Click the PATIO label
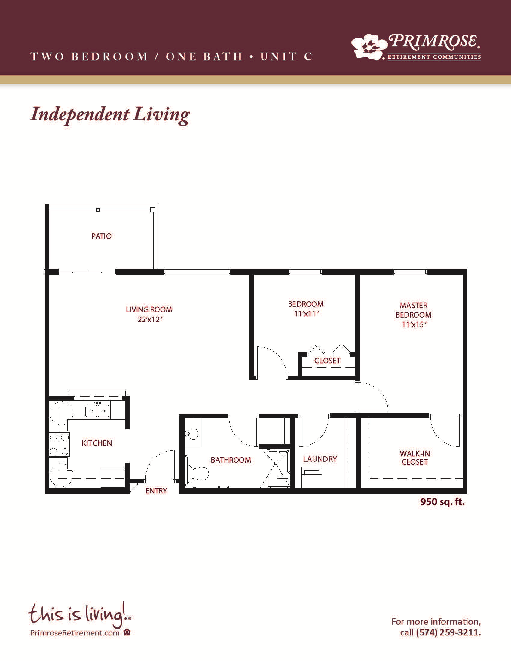pos(101,236)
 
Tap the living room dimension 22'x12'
pos(150,320)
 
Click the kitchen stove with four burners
pos(59,444)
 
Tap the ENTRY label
pos(156,491)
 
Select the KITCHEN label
pos(97,443)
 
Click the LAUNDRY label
pos(320,459)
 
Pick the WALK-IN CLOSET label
pos(415,458)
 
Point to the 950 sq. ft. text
pos(442,502)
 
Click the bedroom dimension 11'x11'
pos(307,314)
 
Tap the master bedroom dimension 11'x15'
pos(414,324)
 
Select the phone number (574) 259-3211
pos(448,632)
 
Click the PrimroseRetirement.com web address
pos(75,633)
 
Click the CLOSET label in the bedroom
pos(327,361)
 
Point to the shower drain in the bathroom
pos(275,463)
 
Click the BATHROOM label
pos(231,460)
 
